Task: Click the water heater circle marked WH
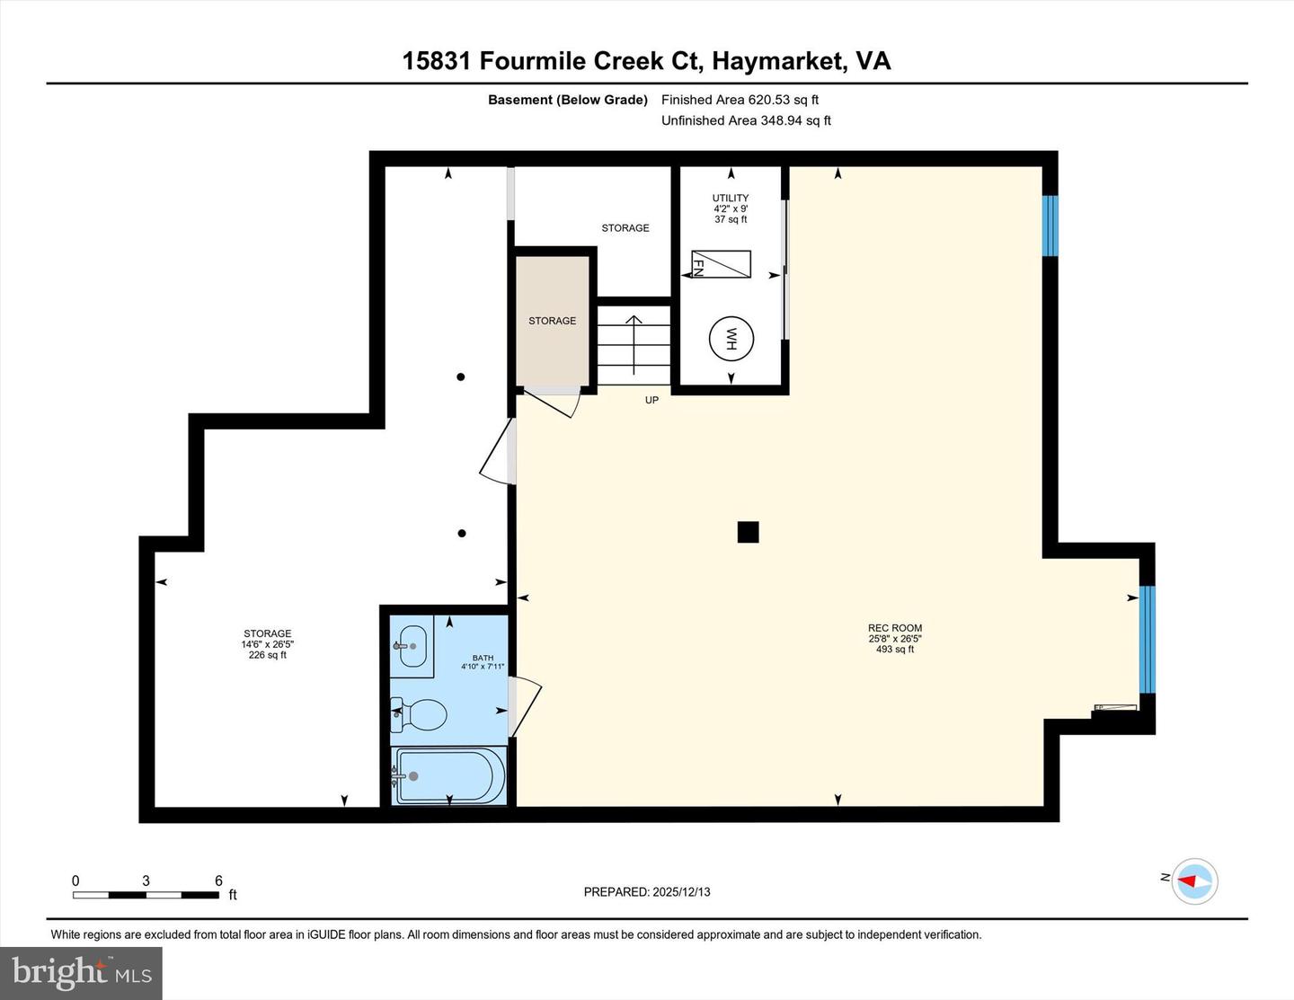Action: (x=731, y=340)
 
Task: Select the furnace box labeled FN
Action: (x=721, y=264)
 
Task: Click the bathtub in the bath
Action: (x=449, y=774)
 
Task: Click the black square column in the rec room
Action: (x=748, y=532)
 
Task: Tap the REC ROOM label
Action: (x=895, y=628)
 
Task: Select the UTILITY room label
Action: (x=731, y=198)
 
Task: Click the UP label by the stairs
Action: (x=651, y=400)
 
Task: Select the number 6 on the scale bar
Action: (x=218, y=881)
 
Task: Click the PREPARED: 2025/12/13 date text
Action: (x=647, y=892)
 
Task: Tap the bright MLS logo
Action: (x=82, y=973)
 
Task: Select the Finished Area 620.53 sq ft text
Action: (x=740, y=100)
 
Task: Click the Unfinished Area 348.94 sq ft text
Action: (x=746, y=120)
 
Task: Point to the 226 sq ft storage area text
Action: (x=268, y=655)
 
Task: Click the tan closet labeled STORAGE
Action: (x=553, y=321)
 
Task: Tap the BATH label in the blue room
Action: (x=483, y=658)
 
